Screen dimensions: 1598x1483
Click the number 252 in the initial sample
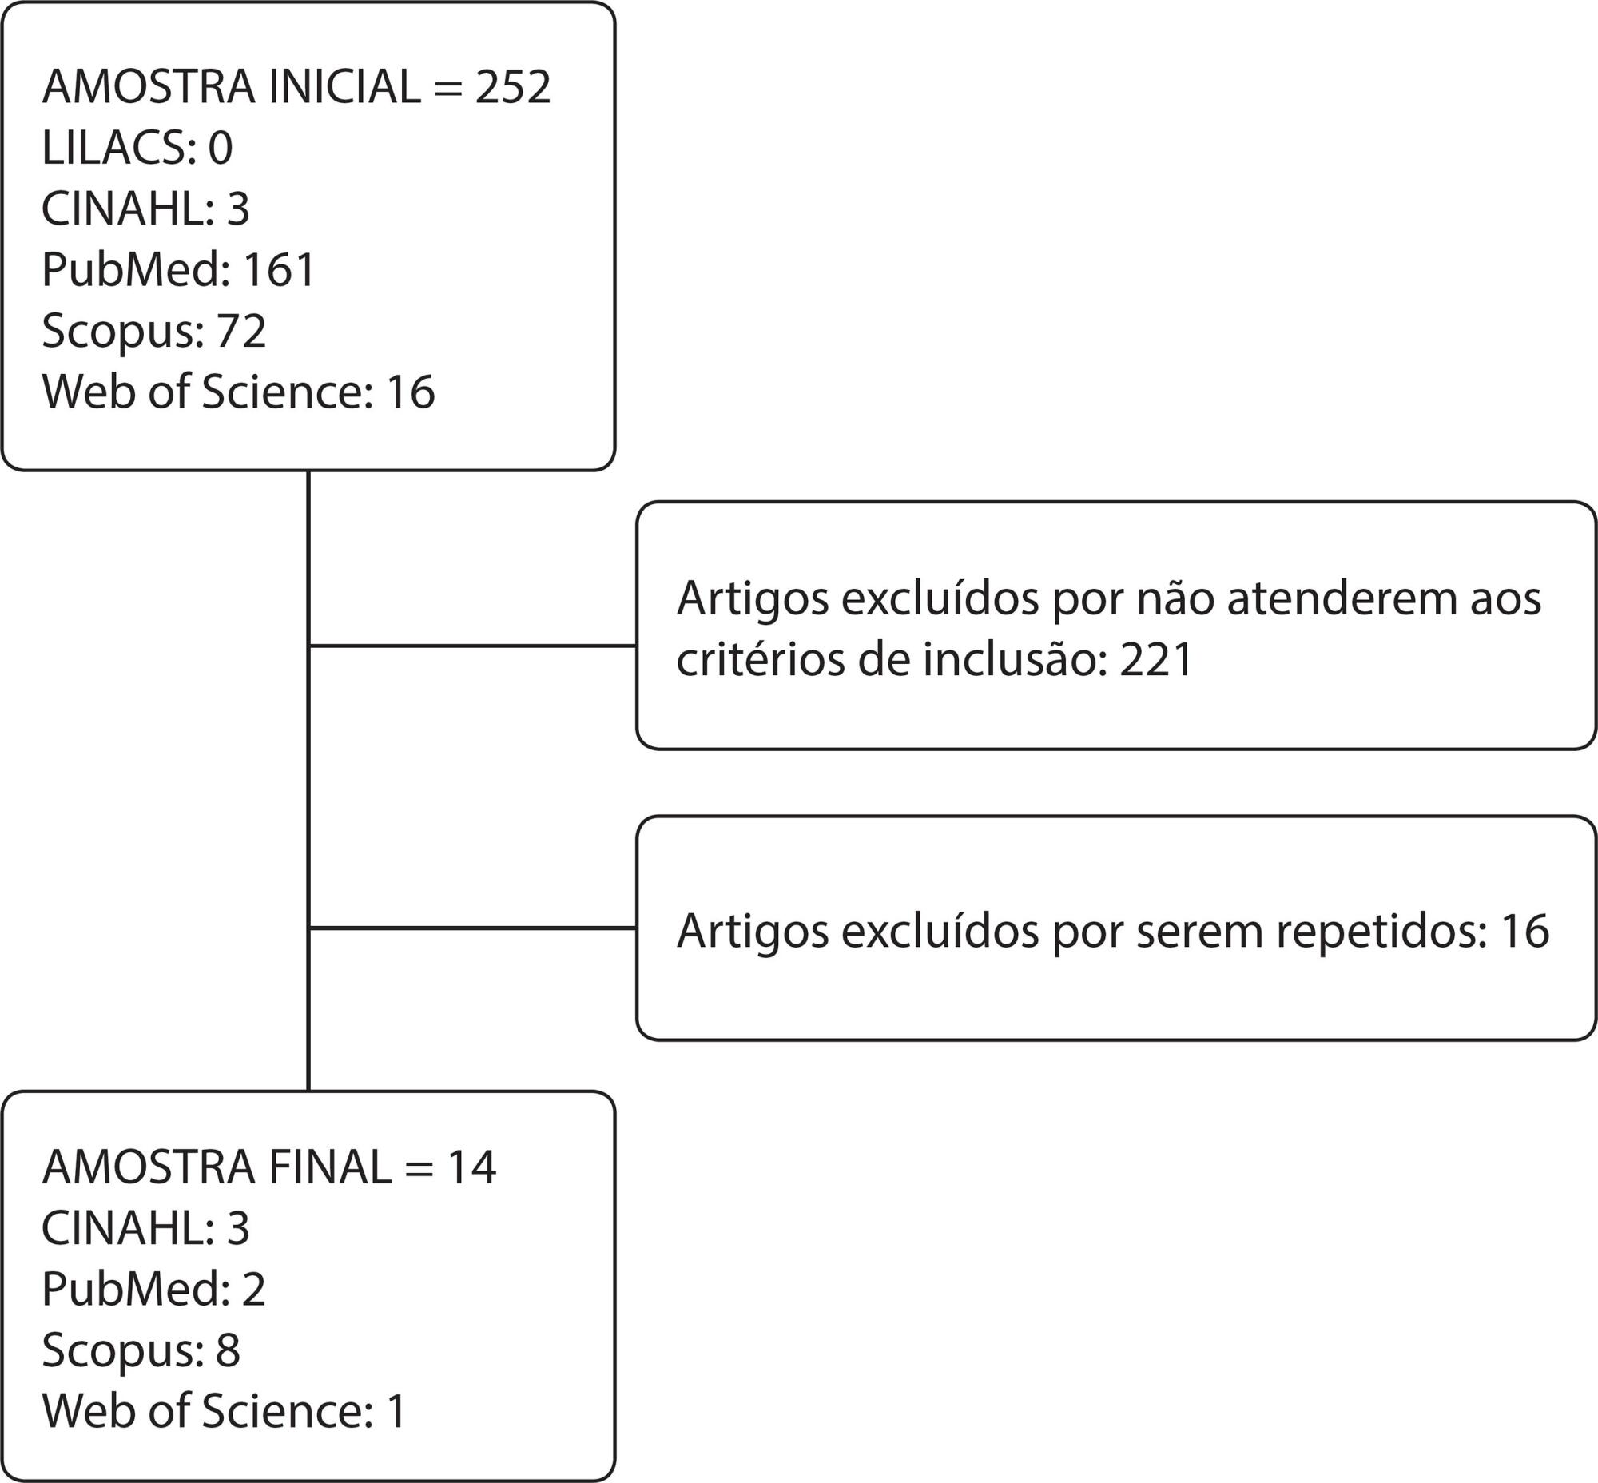(x=513, y=86)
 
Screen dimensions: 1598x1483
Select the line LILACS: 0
(x=137, y=148)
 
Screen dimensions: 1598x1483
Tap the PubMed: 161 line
(x=179, y=269)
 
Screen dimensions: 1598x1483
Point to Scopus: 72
(x=154, y=332)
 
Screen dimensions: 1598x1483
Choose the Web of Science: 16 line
(x=238, y=392)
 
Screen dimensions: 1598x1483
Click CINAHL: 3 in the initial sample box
(x=146, y=209)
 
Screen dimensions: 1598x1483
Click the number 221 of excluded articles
(x=1156, y=660)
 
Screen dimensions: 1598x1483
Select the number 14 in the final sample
(x=472, y=1167)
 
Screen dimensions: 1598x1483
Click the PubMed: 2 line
(x=154, y=1289)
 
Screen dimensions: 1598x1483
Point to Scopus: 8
(x=141, y=1350)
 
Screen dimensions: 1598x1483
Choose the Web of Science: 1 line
(x=225, y=1411)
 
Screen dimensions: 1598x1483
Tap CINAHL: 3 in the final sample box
(x=146, y=1228)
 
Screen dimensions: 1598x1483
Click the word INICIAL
(x=345, y=86)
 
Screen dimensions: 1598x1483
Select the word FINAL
(x=331, y=1167)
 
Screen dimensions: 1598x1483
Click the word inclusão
(x=1010, y=660)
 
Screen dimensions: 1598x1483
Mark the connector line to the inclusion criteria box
(x=473, y=645)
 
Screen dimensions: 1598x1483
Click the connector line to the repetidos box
(x=473, y=928)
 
